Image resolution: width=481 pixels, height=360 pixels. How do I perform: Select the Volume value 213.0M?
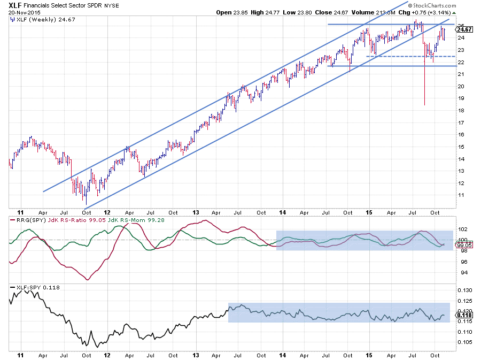pyautogui.click(x=412, y=12)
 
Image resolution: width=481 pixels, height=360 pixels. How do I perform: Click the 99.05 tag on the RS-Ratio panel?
pyautogui.click(x=463, y=246)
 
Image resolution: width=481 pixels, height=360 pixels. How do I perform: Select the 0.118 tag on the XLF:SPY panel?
pyautogui.click(x=463, y=316)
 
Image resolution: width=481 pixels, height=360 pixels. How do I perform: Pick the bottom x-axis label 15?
pyautogui.click(x=369, y=355)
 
